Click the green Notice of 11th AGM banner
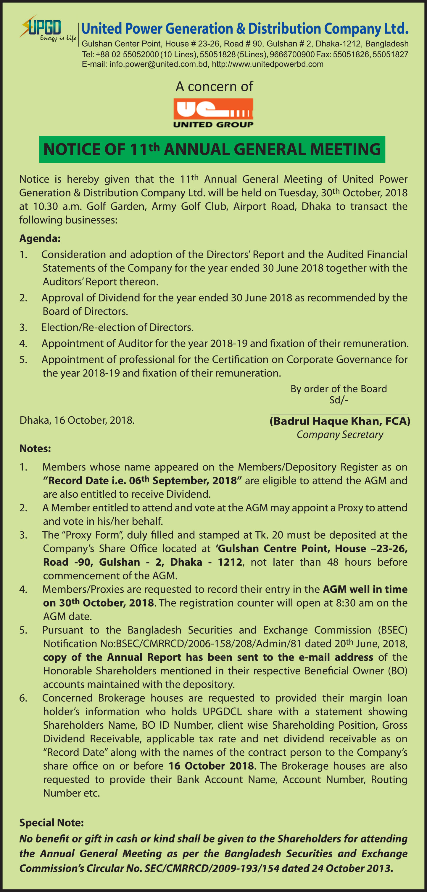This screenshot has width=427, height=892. (212, 149)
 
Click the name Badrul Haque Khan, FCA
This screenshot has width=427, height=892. (340, 421)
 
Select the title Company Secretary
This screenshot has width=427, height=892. (340, 435)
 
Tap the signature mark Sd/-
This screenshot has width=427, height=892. (339, 400)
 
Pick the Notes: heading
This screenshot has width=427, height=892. (35, 449)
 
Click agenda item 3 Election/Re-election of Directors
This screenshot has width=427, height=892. (117, 327)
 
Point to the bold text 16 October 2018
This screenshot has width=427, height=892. (211, 766)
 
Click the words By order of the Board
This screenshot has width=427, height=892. (339, 389)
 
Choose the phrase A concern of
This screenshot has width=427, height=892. (214, 87)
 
